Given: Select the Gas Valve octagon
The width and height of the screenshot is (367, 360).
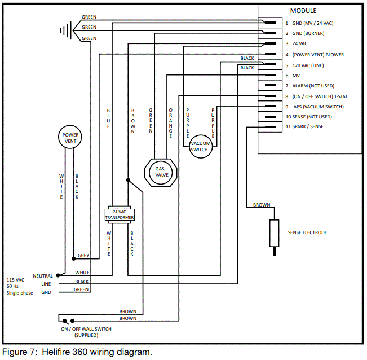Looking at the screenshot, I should click(162, 171).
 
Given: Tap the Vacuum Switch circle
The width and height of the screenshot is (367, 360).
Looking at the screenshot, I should click(200, 147).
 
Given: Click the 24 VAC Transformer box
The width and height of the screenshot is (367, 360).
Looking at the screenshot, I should click(118, 214).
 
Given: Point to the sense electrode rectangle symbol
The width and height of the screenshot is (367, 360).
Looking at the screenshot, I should click(275, 233).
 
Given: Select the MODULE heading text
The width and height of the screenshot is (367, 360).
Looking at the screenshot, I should click(303, 11).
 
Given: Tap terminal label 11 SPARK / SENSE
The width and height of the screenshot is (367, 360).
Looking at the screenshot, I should click(312, 126).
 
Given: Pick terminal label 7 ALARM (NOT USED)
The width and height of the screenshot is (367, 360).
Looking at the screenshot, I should click(313, 86).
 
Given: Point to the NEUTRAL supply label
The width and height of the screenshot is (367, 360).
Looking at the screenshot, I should click(43, 276).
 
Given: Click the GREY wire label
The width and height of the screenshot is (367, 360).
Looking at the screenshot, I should click(83, 256).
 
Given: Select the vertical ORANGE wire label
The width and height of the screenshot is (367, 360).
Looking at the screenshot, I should click(170, 123).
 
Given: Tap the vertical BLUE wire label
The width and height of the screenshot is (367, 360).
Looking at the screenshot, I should click(108, 119).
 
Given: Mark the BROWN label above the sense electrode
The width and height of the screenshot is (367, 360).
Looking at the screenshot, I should click(262, 205).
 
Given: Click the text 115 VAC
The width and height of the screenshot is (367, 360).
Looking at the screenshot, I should click(16, 280).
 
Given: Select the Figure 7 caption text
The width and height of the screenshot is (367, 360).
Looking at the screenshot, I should click(77, 352).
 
